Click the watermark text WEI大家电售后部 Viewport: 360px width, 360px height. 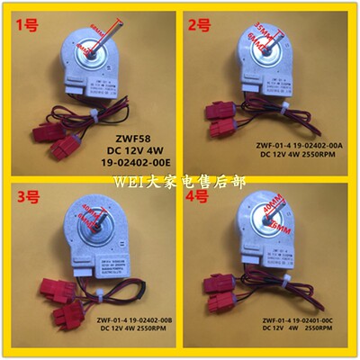click(180, 178)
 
